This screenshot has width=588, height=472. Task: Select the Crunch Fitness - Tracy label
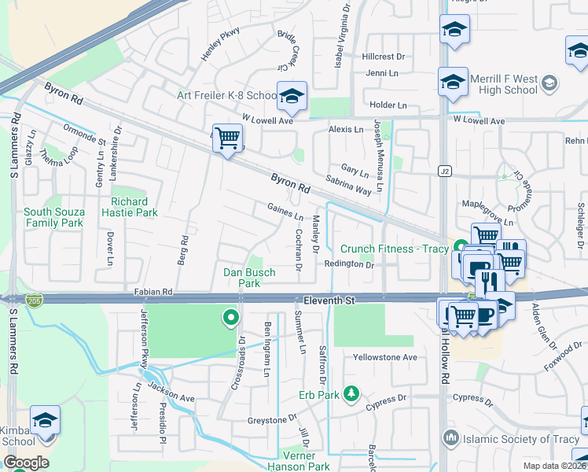pos(394,249)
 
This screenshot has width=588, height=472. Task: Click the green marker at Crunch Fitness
pos(460,248)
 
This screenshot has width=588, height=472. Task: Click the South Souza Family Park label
pos(53,217)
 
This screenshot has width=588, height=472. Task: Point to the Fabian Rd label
pos(153,292)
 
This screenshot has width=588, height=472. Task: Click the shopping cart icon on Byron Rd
pos(227,139)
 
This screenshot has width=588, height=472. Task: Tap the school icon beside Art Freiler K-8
pos(292,97)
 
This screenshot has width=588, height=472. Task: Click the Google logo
pos(25,463)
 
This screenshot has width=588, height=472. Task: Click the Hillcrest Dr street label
pos(384,57)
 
